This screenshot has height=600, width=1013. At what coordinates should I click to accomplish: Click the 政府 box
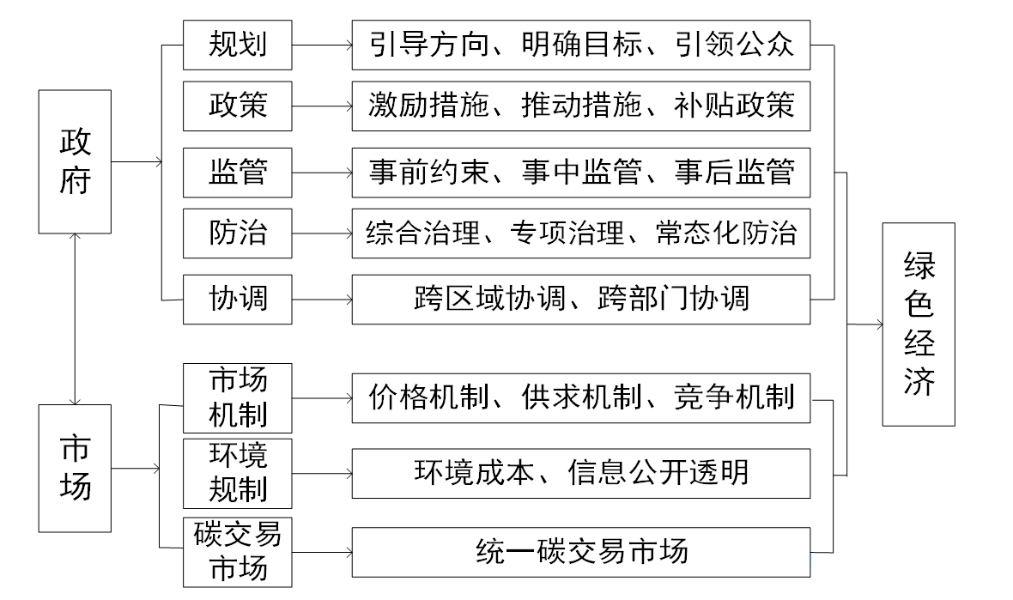(x=75, y=161)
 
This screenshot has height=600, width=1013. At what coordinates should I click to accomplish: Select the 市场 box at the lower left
(x=75, y=469)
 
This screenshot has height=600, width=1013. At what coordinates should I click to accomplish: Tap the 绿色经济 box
(x=919, y=324)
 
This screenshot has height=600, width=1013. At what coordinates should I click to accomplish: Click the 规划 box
(x=237, y=45)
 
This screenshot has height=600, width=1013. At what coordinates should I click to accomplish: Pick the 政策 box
(x=237, y=106)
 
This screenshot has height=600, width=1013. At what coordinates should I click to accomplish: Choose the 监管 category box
(x=237, y=173)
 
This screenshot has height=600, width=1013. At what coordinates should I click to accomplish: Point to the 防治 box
(x=237, y=233)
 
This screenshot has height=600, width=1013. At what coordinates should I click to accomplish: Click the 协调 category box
(x=237, y=299)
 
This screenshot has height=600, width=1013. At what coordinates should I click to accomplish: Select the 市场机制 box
(x=237, y=397)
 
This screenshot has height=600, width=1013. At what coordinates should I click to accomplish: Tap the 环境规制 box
(x=237, y=474)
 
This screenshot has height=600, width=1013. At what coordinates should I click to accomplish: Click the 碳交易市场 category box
(x=237, y=552)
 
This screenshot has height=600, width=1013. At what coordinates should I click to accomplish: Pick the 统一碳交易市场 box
(x=581, y=552)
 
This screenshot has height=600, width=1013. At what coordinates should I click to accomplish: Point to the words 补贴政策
(x=734, y=106)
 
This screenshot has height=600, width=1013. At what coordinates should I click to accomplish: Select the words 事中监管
(x=581, y=172)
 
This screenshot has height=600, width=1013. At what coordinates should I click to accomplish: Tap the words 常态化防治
(x=726, y=233)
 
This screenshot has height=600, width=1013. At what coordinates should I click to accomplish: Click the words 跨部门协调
(x=673, y=299)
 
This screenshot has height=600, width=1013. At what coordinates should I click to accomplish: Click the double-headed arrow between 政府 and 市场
(x=75, y=319)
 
